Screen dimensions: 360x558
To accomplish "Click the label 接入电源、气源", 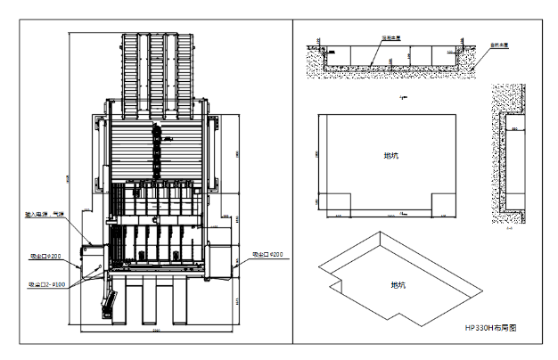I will pyautogui.click(x=44, y=215).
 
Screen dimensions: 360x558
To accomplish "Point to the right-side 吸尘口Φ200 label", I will pyautogui.click(x=267, y=255).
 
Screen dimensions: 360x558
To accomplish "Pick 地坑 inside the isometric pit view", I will pyautogui.click(x=398, y=285).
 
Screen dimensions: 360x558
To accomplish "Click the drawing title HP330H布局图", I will pyautogui.click(x=490, y=328).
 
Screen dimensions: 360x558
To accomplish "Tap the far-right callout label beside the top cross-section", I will pyautogui.click(x=499, y=45).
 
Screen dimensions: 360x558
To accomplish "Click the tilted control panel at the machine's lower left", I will pyautogui.click(x=108, y=304).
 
